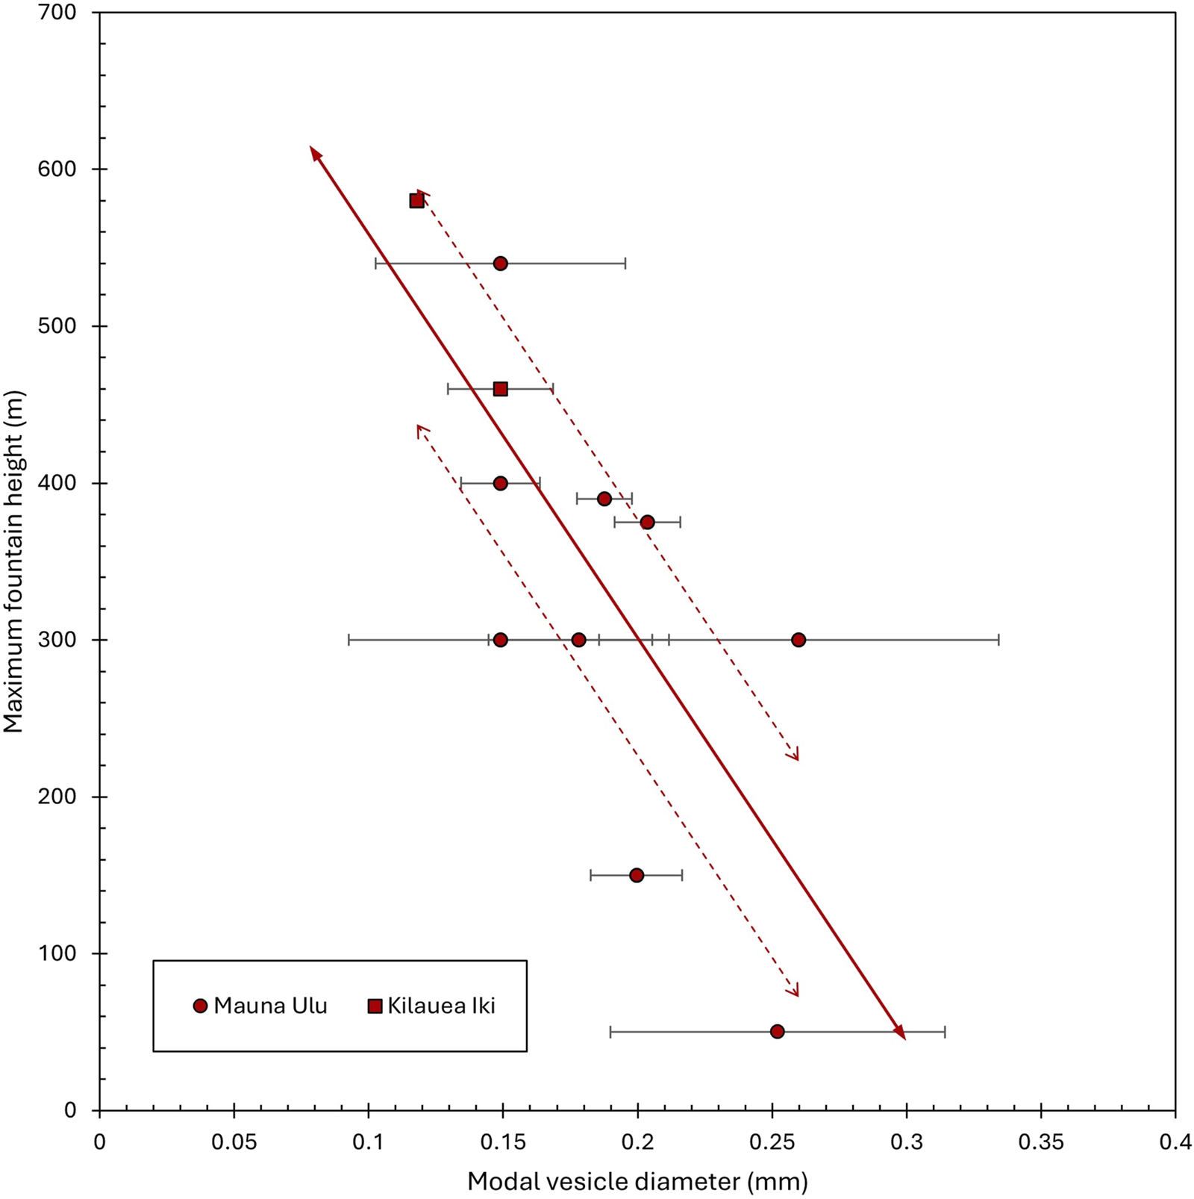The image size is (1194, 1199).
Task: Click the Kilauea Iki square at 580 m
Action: pyautogui.click(x=416, y=201)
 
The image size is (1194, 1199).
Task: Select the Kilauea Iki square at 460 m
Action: pyautogui.click(x=501, y=389)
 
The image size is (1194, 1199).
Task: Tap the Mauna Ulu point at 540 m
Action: pyautogui.click(x=501, y=264)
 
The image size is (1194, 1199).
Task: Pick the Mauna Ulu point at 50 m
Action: pyautogui.click(x=778, y=1032)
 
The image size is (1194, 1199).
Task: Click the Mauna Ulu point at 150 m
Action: pyautogui.click(x=637, y=875)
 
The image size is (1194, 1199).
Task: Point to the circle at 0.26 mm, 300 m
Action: pyautogui.click(x=798, y=640)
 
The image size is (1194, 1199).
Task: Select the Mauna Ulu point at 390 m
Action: pyautogui.click(x=604, y=499)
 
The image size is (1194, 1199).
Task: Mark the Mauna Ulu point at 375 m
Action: pyautogui.click(x=648, y=522)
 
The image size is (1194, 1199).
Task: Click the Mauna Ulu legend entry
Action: pyautogui.click(x=260, y=1006)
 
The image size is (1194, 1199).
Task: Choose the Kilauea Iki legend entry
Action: pyautogui.click(x=432, y=1006)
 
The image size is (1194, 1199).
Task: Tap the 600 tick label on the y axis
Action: pyautogui.click(x=57, y=169)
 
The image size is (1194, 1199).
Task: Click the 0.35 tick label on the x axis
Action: pyautogui.click(x=1041, y=1143)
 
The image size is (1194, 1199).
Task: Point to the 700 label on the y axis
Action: pyautogui.click(x=57, y=13)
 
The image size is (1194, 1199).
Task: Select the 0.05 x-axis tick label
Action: pyautogui.click(x=234, y=1143)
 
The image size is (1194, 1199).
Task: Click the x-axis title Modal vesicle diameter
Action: pyautogui.click(x=637, y=1182)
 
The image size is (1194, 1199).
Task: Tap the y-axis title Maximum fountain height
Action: pyautogui.click(x=13, y=561)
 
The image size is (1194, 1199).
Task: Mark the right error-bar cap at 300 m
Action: pyautogui.click(x=998, y=640)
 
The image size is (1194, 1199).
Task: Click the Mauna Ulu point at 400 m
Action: pyautogui.click(x=501, y=483)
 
